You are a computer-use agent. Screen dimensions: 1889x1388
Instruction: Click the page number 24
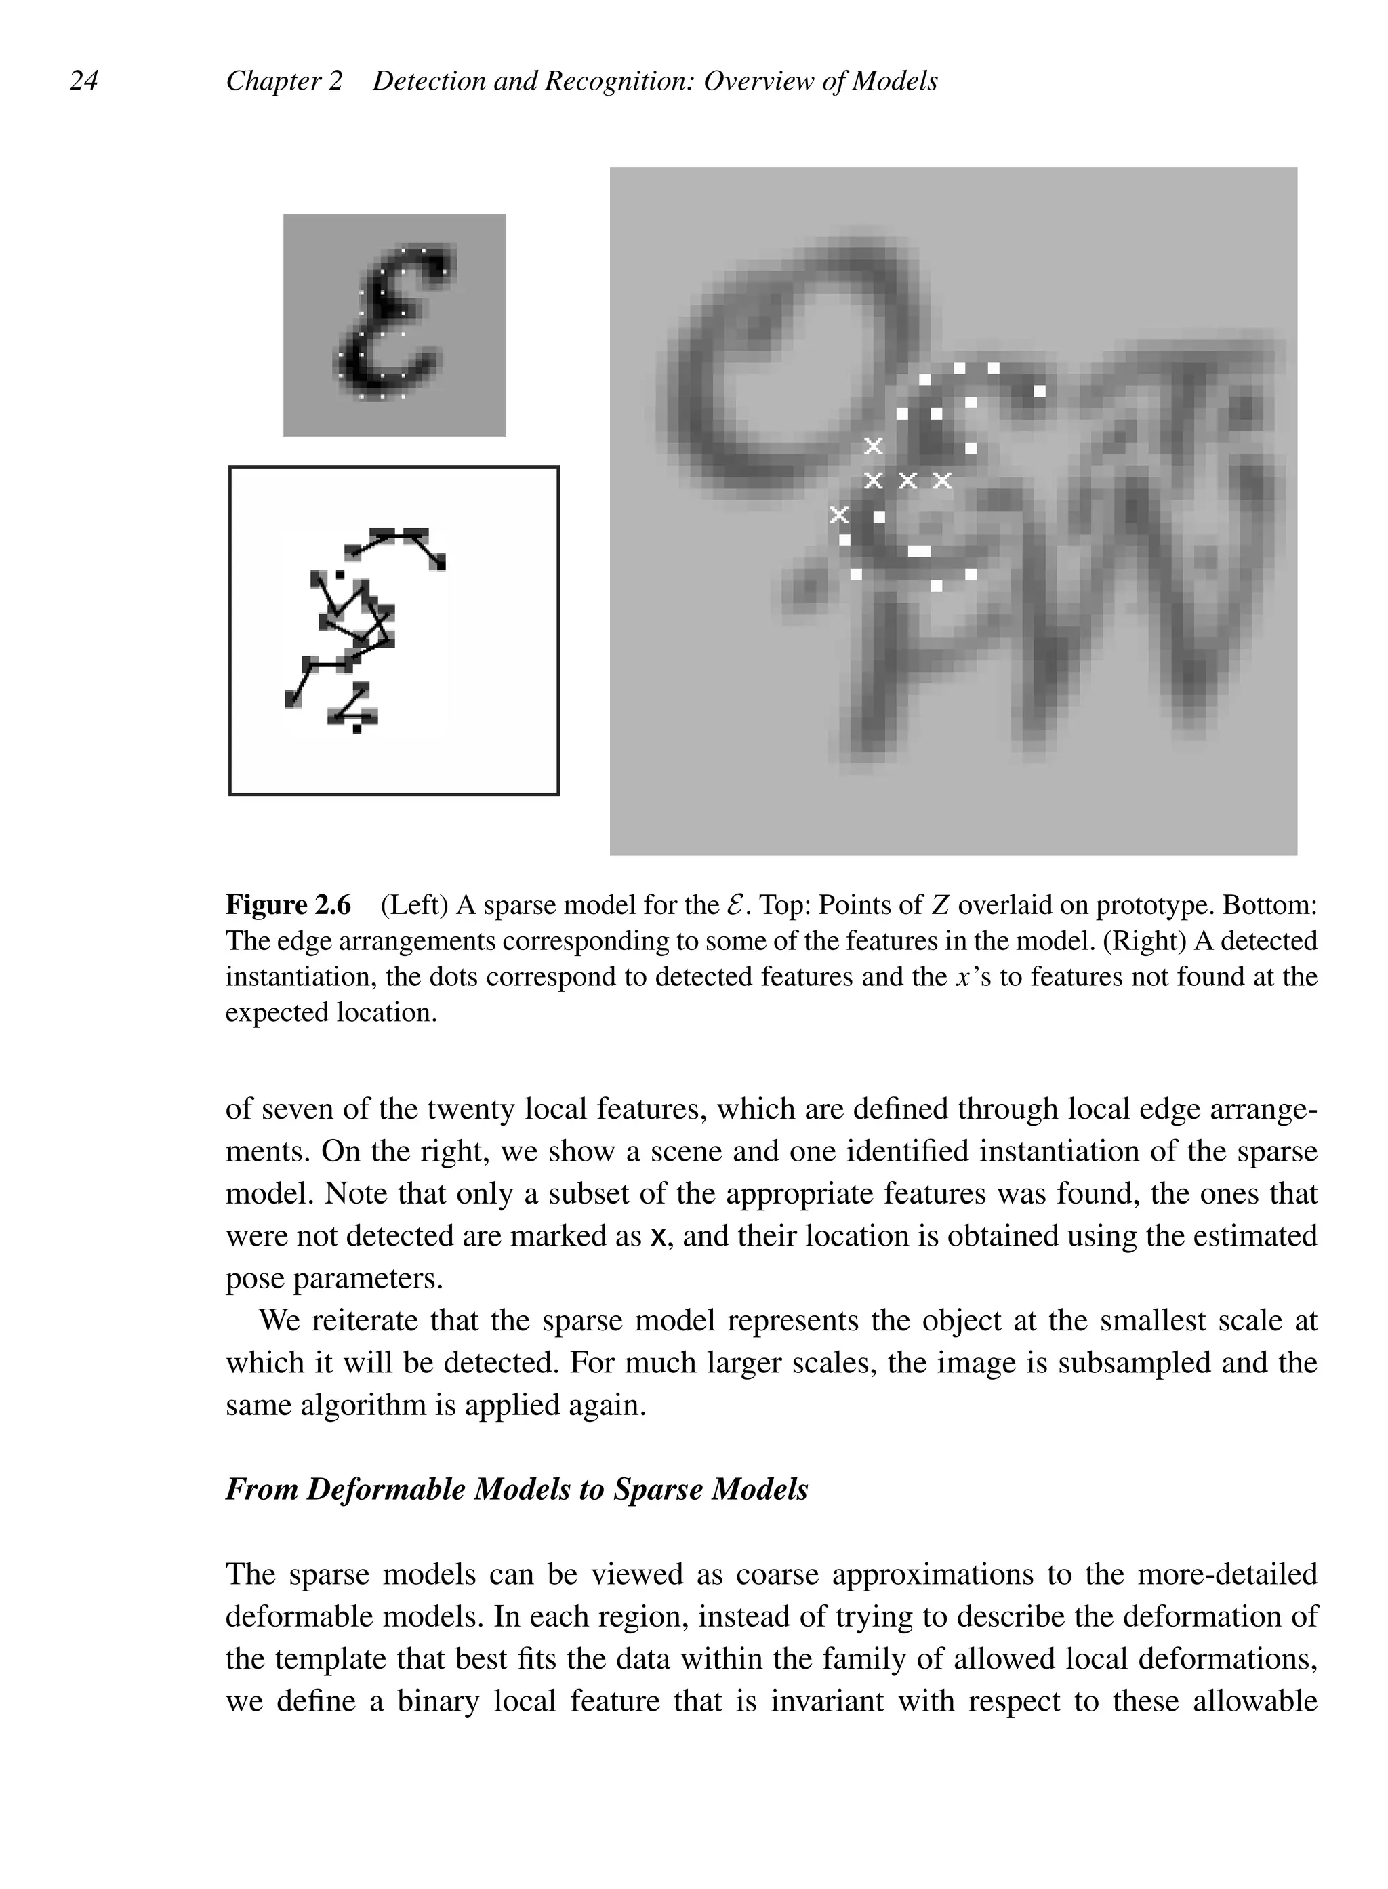[x=83, y=81]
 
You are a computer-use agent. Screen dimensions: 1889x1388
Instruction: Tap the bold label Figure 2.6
[x=288, y=905]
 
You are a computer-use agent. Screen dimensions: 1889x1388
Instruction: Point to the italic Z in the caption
[x=940, y=905]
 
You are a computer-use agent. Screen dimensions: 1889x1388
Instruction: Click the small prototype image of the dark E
[x=394, y=325]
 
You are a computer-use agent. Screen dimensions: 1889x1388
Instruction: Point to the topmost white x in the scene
[x=874, y=445]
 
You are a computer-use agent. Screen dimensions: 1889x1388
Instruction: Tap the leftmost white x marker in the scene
[x=838, y=514]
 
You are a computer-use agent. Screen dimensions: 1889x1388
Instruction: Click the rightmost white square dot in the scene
[x=1040, y=391]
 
